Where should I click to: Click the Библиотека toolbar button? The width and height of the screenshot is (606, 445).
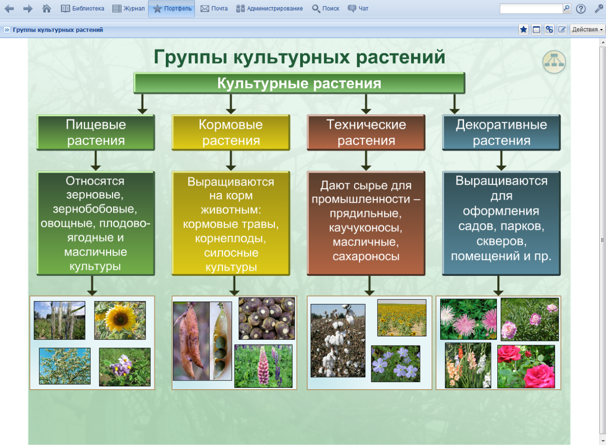point(82,8)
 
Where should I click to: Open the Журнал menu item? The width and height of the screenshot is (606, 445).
point(128,8)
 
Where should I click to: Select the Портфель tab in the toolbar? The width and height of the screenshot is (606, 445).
point(172,8)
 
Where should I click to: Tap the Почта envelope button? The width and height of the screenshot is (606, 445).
point(214,8)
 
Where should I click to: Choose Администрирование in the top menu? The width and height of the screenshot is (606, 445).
point(269,8)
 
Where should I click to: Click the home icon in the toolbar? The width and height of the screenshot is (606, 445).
point(47,8)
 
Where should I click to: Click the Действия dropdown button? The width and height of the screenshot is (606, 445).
point(587,30)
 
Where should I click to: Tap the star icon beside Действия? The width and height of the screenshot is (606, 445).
point(524,30)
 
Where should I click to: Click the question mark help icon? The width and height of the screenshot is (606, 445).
point(581,9)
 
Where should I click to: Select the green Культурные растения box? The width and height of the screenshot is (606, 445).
point(299,83)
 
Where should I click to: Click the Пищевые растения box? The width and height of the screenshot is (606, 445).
point(96,132)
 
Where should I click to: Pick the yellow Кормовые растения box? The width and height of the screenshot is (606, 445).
point(231,132)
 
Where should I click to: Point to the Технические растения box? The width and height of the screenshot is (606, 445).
point(366,132)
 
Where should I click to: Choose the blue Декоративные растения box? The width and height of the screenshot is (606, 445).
point(501,132)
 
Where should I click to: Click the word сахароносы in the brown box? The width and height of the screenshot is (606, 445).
point(366,256)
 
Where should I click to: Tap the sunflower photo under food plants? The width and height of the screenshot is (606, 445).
point(120,320)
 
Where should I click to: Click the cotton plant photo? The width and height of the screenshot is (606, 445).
point(337,340)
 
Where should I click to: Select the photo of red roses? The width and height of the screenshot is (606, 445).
point(526,366)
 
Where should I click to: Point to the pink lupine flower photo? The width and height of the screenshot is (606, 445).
point(263,366)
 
